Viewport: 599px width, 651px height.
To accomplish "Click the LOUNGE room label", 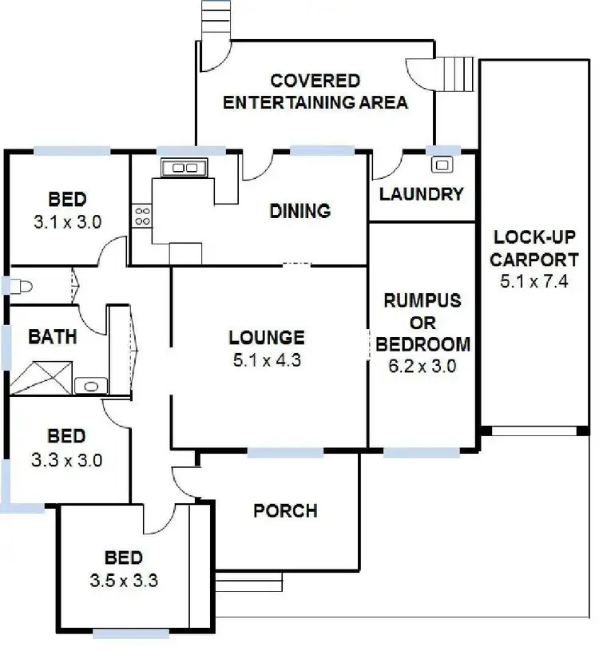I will (267, 338).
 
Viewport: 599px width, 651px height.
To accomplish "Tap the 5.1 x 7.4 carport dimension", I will (534, 280).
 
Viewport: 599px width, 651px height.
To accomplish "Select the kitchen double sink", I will (184, 168).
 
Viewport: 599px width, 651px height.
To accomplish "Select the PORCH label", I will (285, 510).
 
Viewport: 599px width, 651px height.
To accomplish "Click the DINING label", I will (299, 211).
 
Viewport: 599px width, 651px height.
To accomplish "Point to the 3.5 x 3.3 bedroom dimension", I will (124, 581).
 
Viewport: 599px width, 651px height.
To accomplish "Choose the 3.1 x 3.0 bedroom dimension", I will (67, 223).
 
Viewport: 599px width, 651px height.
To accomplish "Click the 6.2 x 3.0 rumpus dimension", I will (422, 367).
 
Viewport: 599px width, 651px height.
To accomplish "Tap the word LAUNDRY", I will (421, 194).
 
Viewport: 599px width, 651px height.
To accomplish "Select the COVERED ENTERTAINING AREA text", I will (315, 92).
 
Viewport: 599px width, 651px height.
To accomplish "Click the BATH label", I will (53, 336).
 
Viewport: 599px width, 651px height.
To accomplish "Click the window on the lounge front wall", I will (285, 452).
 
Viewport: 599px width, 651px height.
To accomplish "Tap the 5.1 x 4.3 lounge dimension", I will (267, 360).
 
